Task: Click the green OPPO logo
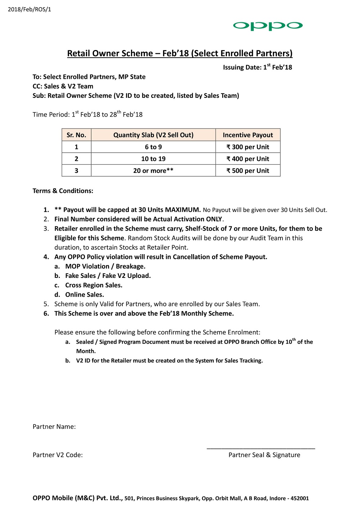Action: click(267, 26)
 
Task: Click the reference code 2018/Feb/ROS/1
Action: click(30, 9)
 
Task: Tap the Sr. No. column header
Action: click(76, 135)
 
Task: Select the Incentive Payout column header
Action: click(248, 135)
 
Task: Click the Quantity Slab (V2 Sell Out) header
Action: click(153, 135)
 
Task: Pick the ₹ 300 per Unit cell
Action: click(248, 147)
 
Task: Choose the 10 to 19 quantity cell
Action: click(153, 159)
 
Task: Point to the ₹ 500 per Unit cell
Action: click(248, 171)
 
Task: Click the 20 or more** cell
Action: click(153, 171)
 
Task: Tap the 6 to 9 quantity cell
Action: click(153, 147)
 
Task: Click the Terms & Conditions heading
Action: click(63, 191)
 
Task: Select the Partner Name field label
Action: click(54, 427)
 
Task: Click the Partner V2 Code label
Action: click(58, 455)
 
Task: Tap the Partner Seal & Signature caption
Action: click(264, 455)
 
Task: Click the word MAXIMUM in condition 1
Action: click(183, 210)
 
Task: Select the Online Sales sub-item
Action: click(84, 294)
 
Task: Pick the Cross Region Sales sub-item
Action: click(94, 285)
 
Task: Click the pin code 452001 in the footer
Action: click(300, 499)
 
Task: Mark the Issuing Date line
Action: click(257, 67)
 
